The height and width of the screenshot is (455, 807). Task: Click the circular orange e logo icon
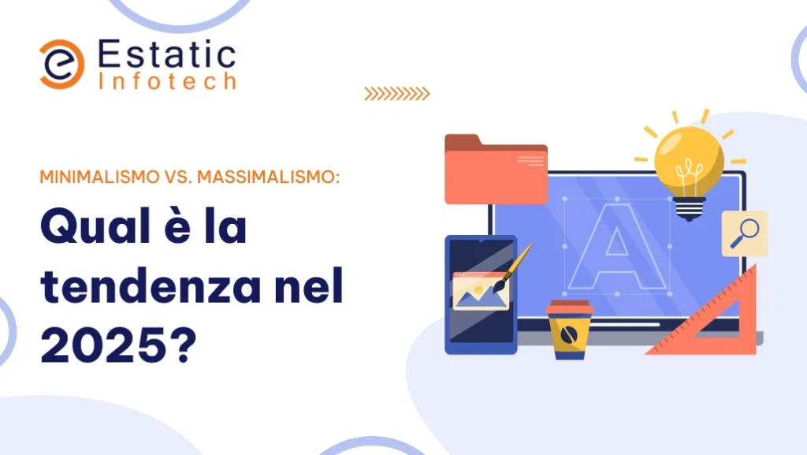tap(61, 65)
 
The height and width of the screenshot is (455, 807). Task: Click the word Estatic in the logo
tap(167, 54)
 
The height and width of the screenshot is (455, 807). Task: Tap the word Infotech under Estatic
tap(167, 81)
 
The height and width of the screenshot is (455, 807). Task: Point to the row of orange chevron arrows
tap(397, 94)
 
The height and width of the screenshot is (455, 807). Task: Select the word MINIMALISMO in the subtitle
tap(100, 177)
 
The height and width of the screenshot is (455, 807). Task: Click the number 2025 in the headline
tap(103, 344)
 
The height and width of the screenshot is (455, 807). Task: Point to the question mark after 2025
tap(183, 344)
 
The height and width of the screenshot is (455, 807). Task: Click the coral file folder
tap(496, 170)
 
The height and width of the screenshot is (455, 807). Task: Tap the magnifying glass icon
tap(745, 233)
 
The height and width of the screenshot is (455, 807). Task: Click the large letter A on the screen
tap(616, 247)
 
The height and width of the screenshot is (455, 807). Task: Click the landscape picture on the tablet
tap(481, 291)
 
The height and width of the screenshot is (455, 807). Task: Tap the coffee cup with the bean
tap(569, 330)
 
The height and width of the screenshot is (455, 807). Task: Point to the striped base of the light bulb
tap(689, 208)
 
